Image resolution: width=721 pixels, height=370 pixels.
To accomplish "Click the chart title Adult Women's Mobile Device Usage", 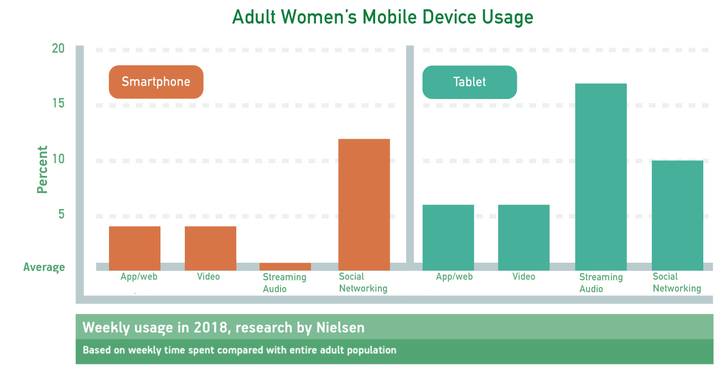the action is pos(382,17).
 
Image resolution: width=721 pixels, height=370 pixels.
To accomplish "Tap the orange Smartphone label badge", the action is pos(156,82).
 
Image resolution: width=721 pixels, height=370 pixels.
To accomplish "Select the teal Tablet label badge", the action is pos(470,82).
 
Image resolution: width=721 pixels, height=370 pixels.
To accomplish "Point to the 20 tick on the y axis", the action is pos(58,49).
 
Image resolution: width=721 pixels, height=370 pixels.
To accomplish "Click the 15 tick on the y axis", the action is pos(58,103).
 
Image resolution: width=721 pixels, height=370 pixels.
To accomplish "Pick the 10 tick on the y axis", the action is pos(58,159).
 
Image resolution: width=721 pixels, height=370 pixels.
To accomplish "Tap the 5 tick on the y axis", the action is pos(61,214).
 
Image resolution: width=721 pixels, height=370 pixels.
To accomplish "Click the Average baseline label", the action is pos(44,267).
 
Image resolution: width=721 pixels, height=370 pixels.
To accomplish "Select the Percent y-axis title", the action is pos(42,170).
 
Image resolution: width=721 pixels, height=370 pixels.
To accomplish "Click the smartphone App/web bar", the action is pos(134,248).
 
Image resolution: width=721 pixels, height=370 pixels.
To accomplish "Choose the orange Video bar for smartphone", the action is pos(210,248).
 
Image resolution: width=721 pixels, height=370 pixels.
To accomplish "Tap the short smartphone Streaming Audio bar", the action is pos(285,267).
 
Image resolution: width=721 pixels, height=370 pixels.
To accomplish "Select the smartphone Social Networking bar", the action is pos(364,205).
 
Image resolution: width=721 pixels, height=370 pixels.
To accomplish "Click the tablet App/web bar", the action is pos(448,237).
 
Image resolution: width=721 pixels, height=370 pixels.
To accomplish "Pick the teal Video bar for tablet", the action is pos(523,237).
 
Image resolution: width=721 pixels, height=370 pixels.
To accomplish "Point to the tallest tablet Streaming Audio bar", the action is pos(601,177).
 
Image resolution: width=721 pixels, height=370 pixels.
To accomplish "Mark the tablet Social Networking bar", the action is pos(677,216).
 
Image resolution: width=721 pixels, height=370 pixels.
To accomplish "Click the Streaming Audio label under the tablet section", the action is pos(601,283).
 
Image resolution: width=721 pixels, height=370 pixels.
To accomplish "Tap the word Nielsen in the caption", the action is pos(340,327).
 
